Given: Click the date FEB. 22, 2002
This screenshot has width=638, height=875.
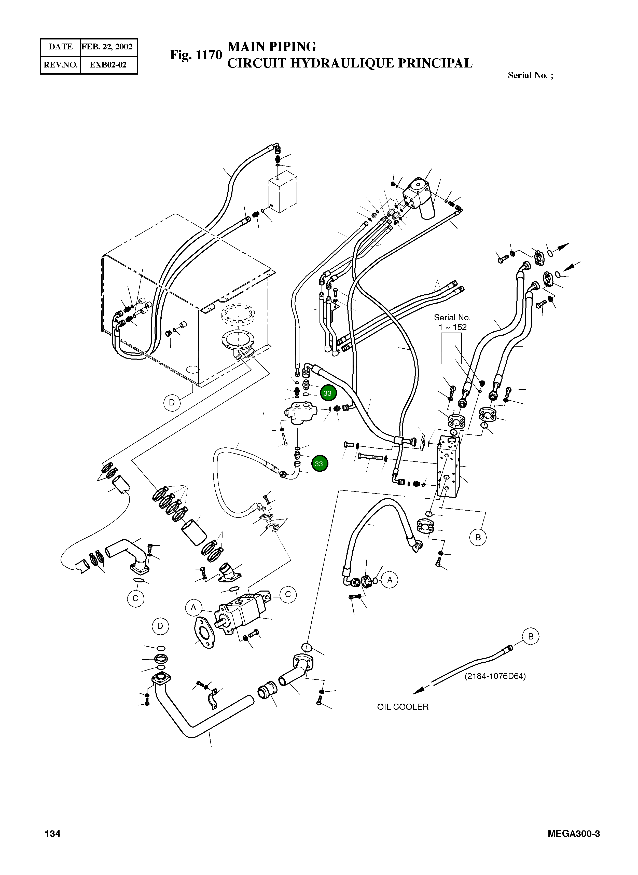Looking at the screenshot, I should (x=107, y=47).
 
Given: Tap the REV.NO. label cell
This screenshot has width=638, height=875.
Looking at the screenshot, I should (x=61, y=65).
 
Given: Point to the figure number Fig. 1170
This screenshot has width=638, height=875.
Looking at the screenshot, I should (x=196, y=55).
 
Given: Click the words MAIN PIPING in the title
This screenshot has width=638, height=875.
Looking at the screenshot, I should (x=272, y=47).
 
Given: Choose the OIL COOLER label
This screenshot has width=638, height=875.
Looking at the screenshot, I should (x=403, y=707).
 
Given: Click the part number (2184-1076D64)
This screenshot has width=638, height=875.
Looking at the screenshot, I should (x=495, y=676).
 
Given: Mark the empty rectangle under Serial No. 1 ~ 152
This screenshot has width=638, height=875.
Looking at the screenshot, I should (x=451, y=348).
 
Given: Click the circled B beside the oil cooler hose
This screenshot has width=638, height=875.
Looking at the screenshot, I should (x=531, y=636).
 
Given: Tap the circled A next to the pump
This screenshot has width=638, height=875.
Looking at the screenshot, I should (x=193, y=608).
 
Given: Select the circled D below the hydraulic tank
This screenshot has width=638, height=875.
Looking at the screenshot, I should (x=172, y=403).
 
